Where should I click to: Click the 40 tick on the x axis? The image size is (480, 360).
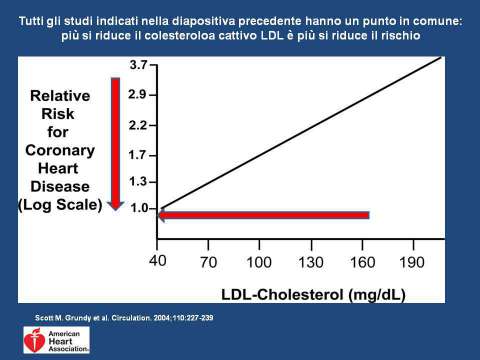[x=159, y=262]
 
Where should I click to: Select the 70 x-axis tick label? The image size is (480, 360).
[x=210, y=262]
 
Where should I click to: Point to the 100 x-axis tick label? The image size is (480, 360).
[x=260, y=262]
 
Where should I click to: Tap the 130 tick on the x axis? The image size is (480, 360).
[x=310, y=262]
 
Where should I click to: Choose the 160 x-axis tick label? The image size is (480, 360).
[x=362, y=262]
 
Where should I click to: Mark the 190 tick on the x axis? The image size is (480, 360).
[x=412, y=262]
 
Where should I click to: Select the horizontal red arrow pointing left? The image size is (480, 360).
[x=265, y=215]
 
